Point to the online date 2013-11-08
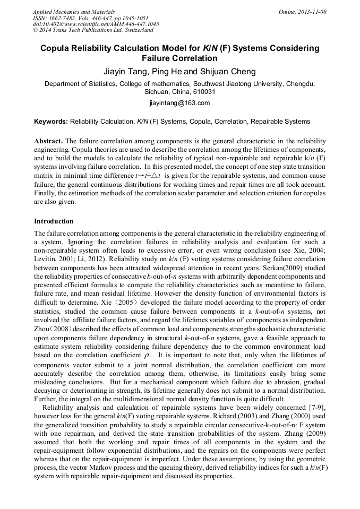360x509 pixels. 309,12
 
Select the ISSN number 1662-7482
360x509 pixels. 66,18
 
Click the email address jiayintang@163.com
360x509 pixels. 179,103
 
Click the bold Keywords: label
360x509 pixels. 51,122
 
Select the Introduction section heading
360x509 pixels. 54,221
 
